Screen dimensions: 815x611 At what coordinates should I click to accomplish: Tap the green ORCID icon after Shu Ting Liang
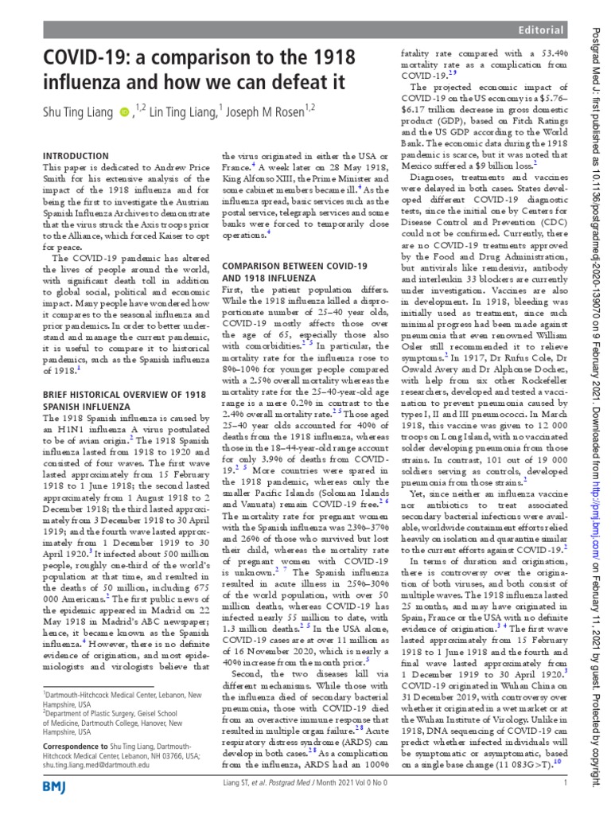(123, 113)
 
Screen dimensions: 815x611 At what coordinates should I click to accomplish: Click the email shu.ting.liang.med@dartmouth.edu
(95, 763)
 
